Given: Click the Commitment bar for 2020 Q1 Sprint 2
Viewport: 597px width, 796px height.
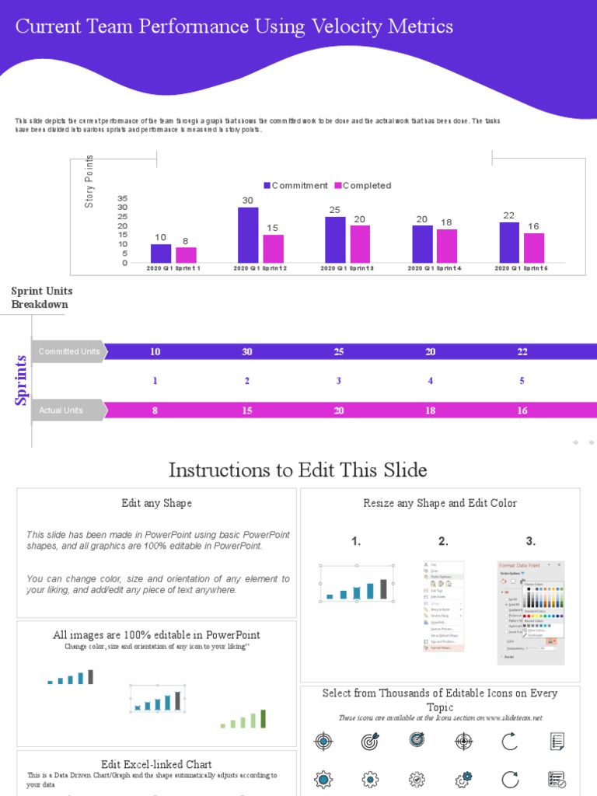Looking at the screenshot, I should click(248, 236).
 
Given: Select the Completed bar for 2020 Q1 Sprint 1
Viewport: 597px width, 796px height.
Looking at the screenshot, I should click(186, 255).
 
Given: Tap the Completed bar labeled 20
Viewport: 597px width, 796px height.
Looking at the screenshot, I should click(360, 244).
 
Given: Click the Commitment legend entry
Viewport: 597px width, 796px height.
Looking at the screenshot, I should click(295, 186).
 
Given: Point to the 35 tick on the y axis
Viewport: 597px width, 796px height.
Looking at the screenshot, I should click(123, 198).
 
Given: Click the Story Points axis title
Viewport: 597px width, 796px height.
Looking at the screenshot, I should click(89, 181).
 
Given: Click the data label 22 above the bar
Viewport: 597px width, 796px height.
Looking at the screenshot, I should click(508, 215).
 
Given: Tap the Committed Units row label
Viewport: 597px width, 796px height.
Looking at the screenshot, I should click(69, 351).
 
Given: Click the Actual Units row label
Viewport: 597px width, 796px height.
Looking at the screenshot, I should click(61, 410).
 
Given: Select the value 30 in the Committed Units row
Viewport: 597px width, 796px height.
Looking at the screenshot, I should click(247, 352).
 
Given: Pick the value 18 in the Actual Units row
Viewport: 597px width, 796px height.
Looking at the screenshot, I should click(431, 410).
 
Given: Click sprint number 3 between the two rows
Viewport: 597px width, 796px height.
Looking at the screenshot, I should click(339, 381).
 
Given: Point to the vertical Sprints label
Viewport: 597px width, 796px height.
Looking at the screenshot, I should click(22, 380).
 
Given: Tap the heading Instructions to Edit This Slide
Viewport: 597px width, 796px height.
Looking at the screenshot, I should click(298, 470).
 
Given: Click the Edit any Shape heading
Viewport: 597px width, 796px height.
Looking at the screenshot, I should click(156, 503).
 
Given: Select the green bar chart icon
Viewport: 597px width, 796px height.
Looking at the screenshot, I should click(243, 719).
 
